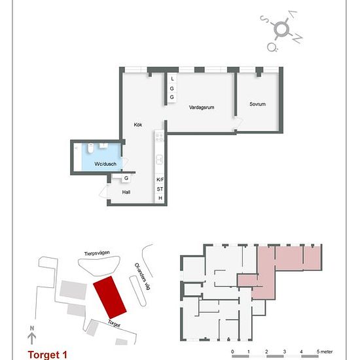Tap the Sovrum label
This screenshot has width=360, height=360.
pos(257,104)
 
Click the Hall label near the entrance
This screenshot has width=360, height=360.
pos(126,192)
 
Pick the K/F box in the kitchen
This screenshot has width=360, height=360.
pos(160,179)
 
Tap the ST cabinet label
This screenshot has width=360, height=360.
pos(160,189)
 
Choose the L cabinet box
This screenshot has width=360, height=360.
pos(171,79)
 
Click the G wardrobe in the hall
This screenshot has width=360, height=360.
pos(126,178)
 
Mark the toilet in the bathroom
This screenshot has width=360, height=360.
pos(105,146)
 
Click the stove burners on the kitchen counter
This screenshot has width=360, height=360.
pos(159,138)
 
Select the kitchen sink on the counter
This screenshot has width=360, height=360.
pos(159,159)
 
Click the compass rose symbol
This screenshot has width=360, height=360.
pos(281,29)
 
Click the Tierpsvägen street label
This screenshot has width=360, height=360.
pos(95,255)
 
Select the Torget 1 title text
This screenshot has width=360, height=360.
pos(48,354)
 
